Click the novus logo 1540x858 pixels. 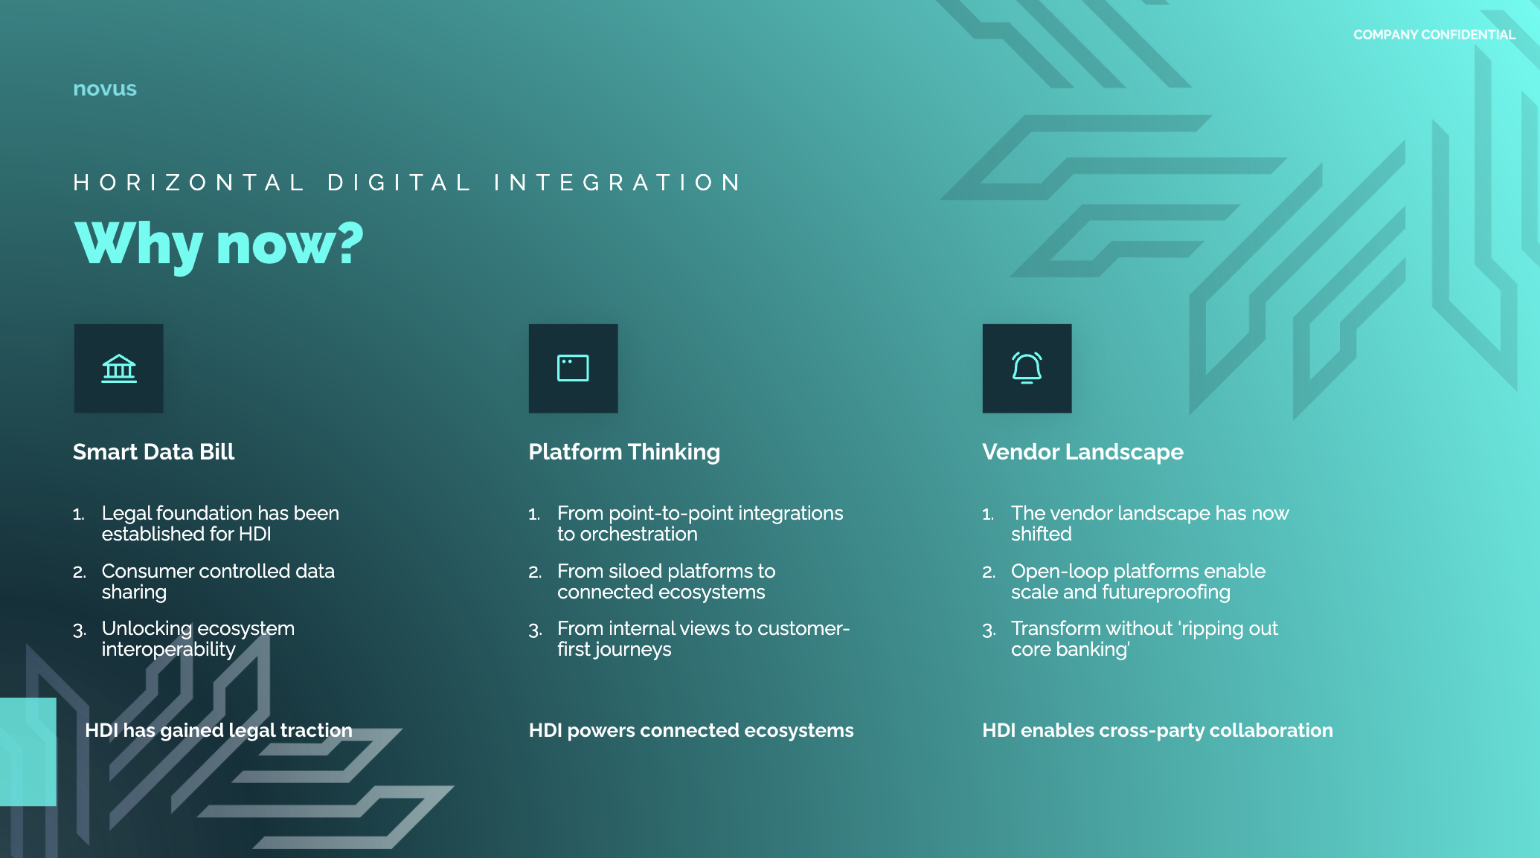(105, 89)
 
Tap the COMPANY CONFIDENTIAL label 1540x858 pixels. (1434, 35)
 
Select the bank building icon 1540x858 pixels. (119, 369)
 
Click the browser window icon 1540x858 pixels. (573, 368)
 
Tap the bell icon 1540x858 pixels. (1027, 368)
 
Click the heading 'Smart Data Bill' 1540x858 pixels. (153, 452)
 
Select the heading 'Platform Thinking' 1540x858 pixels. (624, 453)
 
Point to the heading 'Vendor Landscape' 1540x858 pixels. (1082, 453)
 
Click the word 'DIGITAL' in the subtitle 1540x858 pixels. (399, 183)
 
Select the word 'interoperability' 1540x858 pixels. (168, 650)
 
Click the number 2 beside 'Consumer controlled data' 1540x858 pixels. (80, 572)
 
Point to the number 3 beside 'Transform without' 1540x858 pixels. (989, 630)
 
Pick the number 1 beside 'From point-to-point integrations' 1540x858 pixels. (534, 514)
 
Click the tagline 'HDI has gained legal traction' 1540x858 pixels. (219, 731)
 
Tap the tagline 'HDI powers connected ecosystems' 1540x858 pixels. (691, 731)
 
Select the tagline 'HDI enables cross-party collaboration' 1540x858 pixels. (1158, 731)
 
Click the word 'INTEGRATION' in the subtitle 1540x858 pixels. (617, 183)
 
